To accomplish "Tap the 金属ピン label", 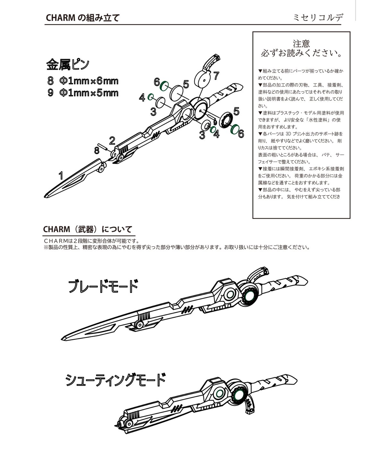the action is (67, 64).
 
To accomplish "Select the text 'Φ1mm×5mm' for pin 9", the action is (89, 93).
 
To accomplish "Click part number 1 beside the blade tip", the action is (61, 175).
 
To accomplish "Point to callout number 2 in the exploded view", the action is (112, 140).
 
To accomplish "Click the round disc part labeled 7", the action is (203, 78).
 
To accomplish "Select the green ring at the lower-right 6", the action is (234, 128).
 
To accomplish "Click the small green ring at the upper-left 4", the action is (151, 97).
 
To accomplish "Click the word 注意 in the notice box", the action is (301, 43).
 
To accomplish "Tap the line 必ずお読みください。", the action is (301, 52).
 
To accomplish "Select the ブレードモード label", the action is (103, 286).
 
